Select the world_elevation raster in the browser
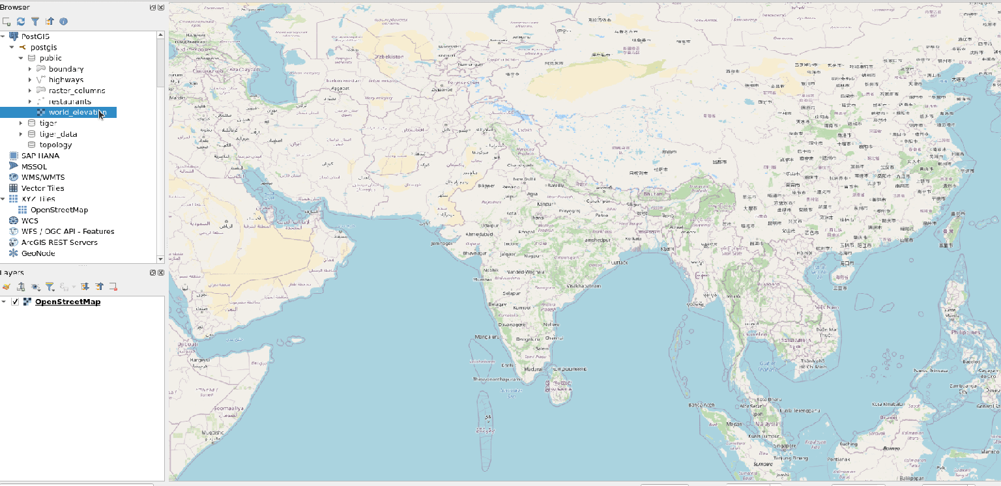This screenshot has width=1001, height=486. (x=77, y=112)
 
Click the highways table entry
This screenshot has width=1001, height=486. (x=66, y=79)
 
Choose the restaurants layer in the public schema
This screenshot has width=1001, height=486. (x=70, y=102)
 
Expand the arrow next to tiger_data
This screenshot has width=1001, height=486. (x=21, y=134)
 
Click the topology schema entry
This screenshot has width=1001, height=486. (x=55, y=145)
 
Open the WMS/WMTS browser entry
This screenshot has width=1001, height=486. (x=42, y=177)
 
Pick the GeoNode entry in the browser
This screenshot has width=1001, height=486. (x=38, y=253)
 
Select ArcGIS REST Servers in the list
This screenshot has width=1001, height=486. (x=59, y=242)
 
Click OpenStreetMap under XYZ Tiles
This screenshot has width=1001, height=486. (x=59, y=210)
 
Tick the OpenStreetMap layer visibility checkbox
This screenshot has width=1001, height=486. (x=15, y=302)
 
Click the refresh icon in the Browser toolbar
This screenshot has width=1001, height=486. (x=21, y=21)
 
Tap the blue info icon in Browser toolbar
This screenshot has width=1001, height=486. (x=63, y=21)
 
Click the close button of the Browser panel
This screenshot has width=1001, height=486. (x=160, y=7)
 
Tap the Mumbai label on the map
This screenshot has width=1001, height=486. (x=482, y=279)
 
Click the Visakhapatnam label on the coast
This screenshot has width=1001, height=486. (x=584, y=286)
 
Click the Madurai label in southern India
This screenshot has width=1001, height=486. (x=533, y=369)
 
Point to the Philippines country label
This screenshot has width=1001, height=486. (x=966, y=332)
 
